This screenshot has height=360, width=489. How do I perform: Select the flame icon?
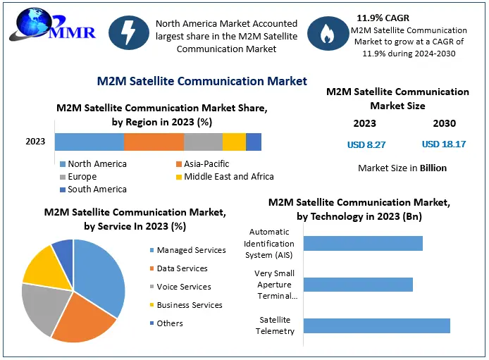[x=328, y=36]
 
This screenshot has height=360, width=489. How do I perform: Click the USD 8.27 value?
[x=366, y=144]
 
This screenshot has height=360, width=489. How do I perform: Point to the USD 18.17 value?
[x=444, y=144]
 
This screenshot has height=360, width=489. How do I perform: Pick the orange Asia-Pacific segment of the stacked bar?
[x=154, y=142]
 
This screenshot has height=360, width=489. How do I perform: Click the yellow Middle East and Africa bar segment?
[x=234, y=142]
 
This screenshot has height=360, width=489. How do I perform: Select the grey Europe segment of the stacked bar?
[x=203, y=142]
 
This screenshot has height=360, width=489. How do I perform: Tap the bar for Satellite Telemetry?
[x=376, y=325]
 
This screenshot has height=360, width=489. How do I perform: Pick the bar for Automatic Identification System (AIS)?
[x=363, y=243]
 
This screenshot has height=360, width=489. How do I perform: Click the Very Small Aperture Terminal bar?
[x=358, y=285]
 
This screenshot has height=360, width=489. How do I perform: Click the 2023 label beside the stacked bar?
[x=35, y=142]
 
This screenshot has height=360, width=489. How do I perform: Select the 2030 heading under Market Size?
[x=444, y=123]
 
